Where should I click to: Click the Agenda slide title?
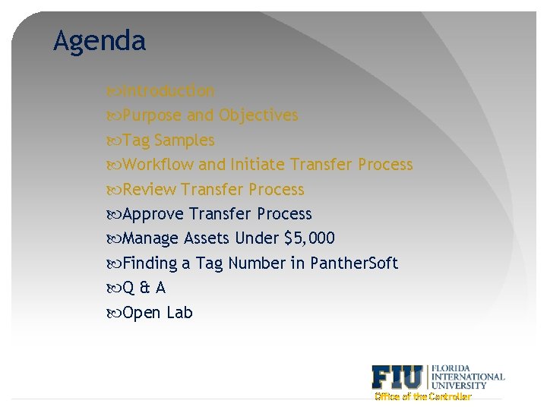click(100, 41)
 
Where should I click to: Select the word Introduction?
click(169, 91)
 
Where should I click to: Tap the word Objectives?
click(258, 115)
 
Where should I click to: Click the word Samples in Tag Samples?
click(185, 140)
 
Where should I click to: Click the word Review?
click(150, 190)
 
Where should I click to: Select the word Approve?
click(153, 214)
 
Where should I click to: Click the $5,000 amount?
click(309, 238)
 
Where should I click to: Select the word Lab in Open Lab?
click(179, 313)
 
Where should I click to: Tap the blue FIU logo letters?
click(398, 377)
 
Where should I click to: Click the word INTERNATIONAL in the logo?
click(468, 376)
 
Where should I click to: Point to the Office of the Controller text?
click(423, 396)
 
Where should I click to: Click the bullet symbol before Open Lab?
click(115, 313)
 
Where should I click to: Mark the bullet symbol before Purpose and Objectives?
click(115, 116)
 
